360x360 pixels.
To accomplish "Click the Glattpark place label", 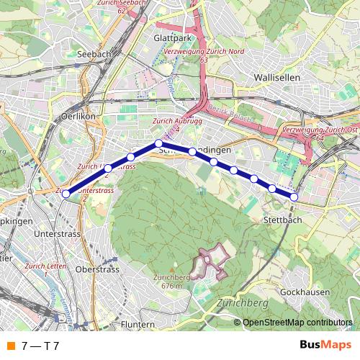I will point(171,37).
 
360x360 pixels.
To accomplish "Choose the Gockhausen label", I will point(305,292).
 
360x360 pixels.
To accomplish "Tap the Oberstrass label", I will point(102,269).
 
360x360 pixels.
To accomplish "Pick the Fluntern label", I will point(138,324).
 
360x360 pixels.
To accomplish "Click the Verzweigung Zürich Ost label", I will point(319,132).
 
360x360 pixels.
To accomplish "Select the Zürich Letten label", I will point(45,269).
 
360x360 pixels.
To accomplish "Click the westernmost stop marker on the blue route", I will point(66,194).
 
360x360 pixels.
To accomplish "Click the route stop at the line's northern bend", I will point(158,143).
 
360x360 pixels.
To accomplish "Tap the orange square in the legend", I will point(10,346).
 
